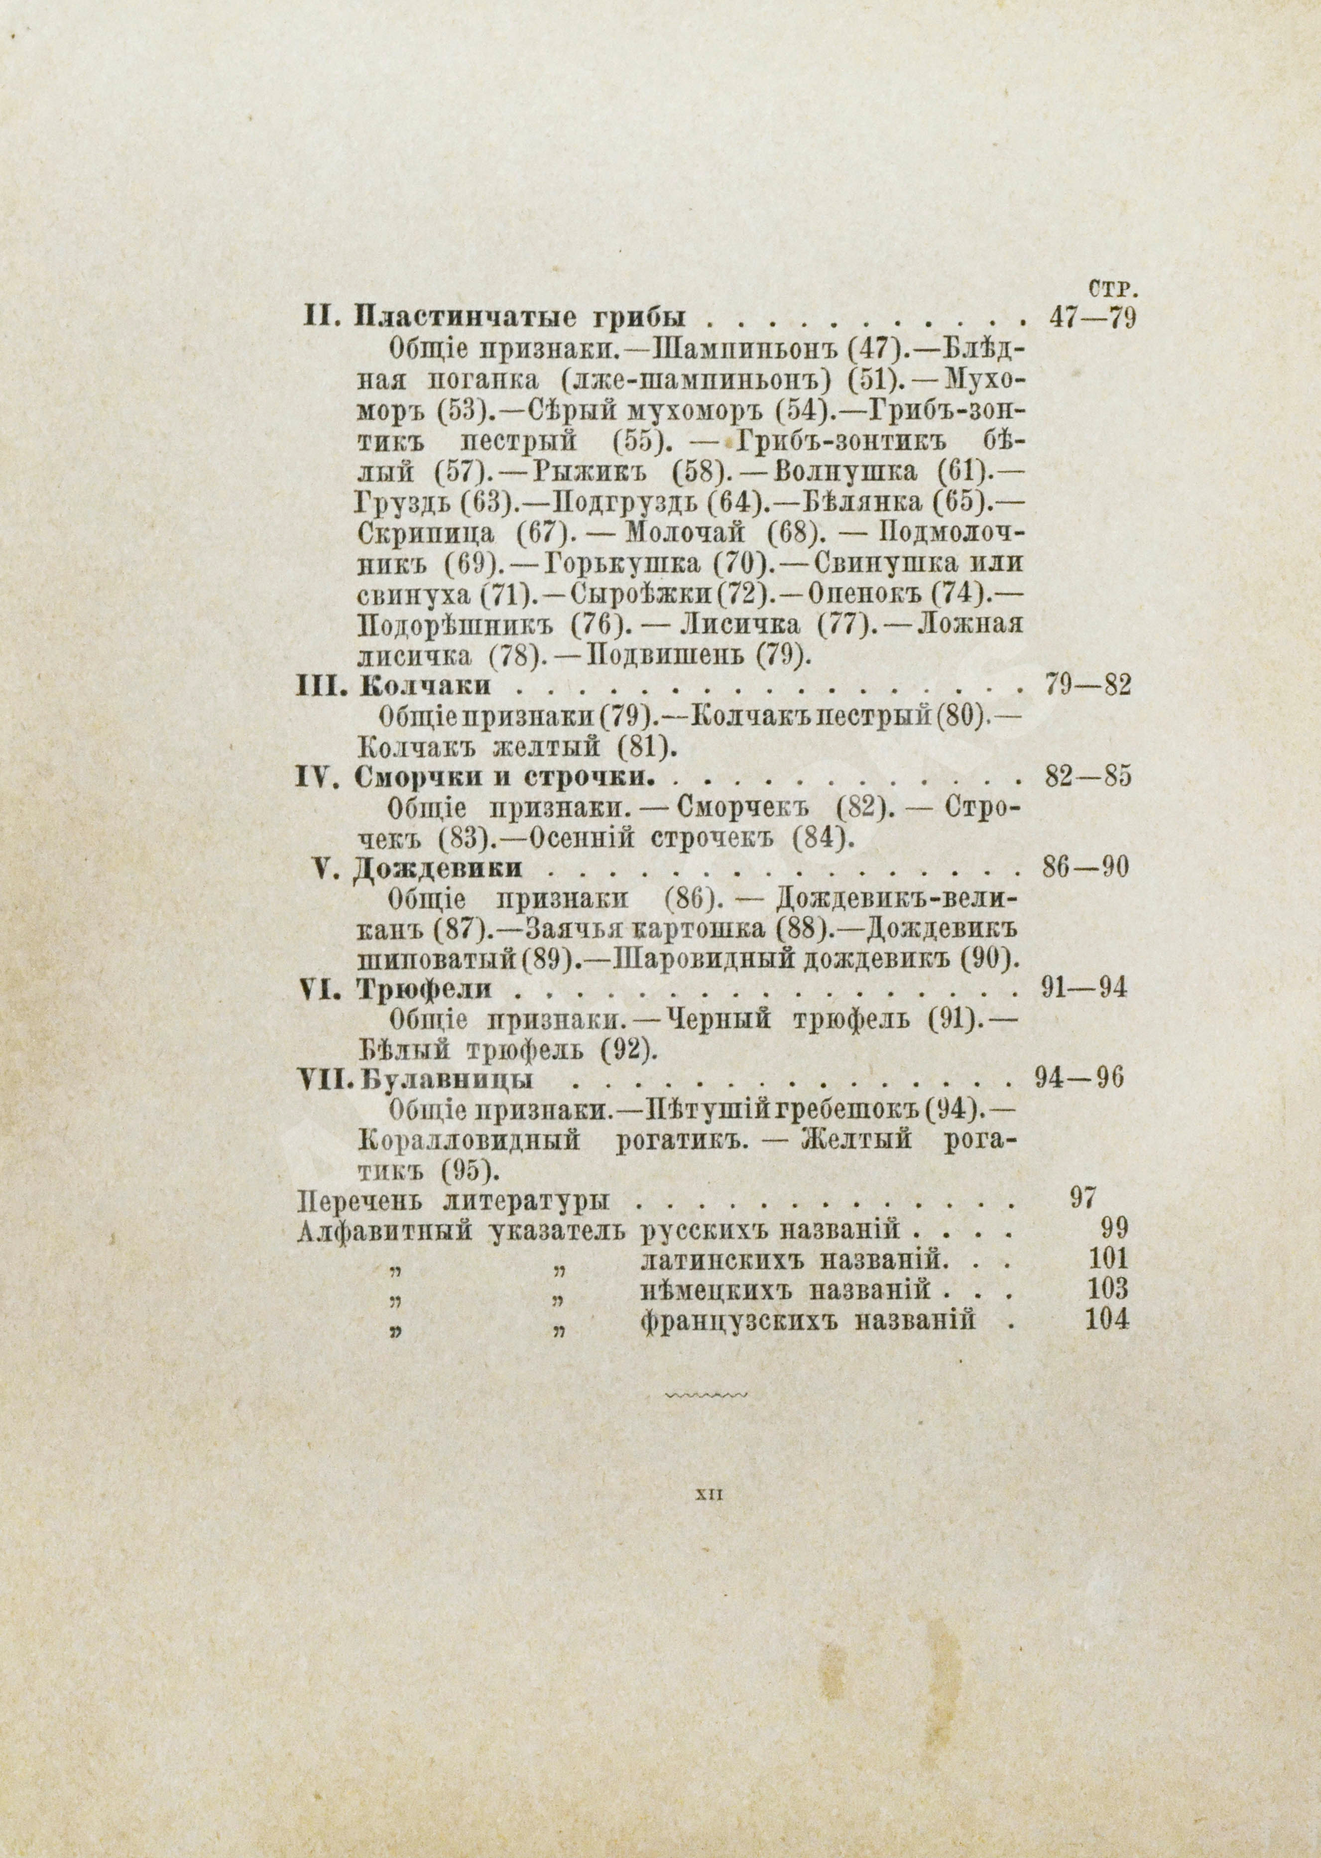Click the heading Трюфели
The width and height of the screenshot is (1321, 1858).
coord(425,990)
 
